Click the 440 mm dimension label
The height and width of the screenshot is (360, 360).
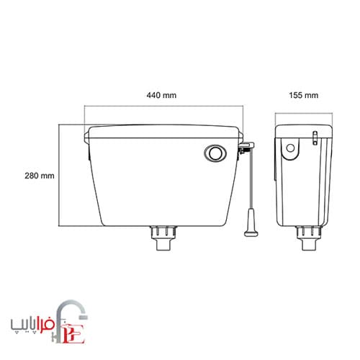tap(161, 95)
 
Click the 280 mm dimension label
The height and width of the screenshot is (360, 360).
tap(40, 176)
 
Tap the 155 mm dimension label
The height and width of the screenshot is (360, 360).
tap(304, 95)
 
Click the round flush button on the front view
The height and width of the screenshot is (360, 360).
tap(215, 153)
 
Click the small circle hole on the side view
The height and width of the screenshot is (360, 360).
tap(290, 148)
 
